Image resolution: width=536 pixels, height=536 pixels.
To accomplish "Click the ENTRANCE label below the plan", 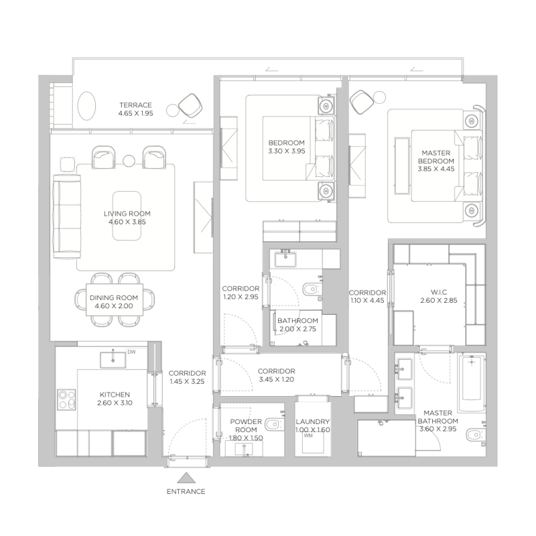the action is click(x=186, y=491).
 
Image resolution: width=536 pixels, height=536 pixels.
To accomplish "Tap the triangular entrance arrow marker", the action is click(x=186, y=478).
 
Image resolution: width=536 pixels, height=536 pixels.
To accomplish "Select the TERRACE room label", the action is click(x=135, y=105).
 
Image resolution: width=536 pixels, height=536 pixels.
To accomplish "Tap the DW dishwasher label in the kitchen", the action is click(x=131, y=352).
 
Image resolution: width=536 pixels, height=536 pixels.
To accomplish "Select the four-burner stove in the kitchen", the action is click(x=66, y=399).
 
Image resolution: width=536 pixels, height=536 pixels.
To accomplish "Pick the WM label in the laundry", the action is click(x=308, y=436).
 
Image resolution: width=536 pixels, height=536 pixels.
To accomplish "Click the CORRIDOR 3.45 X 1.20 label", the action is click(x=277, y=375).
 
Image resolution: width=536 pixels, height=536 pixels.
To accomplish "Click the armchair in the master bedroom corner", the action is click(x=362, y=102).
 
